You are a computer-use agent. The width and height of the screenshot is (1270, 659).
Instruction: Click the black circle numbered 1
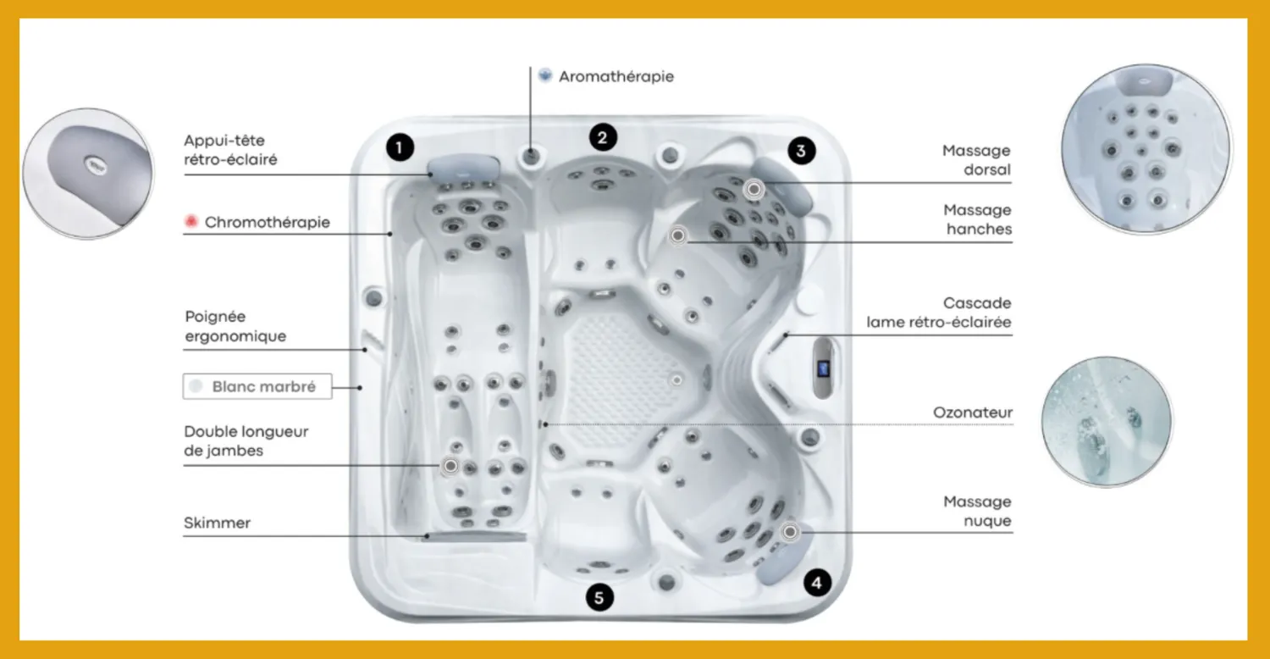(x=400, y=147)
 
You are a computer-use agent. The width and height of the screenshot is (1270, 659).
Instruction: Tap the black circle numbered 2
(x=603, y=137)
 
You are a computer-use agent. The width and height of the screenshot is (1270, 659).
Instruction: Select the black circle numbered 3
(x=801, y=151)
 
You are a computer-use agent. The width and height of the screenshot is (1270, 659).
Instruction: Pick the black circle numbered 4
(x=817, y=583)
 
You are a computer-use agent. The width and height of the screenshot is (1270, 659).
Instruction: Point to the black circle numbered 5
(x=599, y=597)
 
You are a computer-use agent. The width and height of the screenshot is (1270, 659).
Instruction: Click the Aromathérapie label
(x=616, y=76)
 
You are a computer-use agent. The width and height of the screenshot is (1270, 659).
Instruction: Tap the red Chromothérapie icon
(x=191, y=221)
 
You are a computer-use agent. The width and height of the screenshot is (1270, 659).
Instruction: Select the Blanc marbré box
(x=257, y=386)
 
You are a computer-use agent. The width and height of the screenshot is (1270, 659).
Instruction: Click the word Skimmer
(x=217, y=523)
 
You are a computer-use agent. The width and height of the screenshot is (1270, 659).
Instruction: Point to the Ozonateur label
(x=972, y=413)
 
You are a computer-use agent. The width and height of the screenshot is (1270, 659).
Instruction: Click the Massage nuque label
(x=977, y=511)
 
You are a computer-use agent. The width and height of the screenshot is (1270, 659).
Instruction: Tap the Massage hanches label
(x=977, y=219)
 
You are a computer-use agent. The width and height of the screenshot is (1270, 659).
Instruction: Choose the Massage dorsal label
(x=976, y=160)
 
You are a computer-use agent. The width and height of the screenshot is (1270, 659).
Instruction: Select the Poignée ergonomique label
(x=235, y=326)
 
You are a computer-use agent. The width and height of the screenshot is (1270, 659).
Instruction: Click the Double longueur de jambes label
(x=246, y=440)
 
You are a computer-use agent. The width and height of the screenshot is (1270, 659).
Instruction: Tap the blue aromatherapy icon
(x=545, y=75)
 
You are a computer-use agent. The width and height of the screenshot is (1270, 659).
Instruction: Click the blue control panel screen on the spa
(x=823, y=368)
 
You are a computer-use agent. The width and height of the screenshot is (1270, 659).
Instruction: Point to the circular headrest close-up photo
(x=88, y=174)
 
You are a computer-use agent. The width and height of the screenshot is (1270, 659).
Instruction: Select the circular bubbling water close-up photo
(x=1107, y=422)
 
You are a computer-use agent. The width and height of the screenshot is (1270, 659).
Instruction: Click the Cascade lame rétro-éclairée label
(x=938, y=313)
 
